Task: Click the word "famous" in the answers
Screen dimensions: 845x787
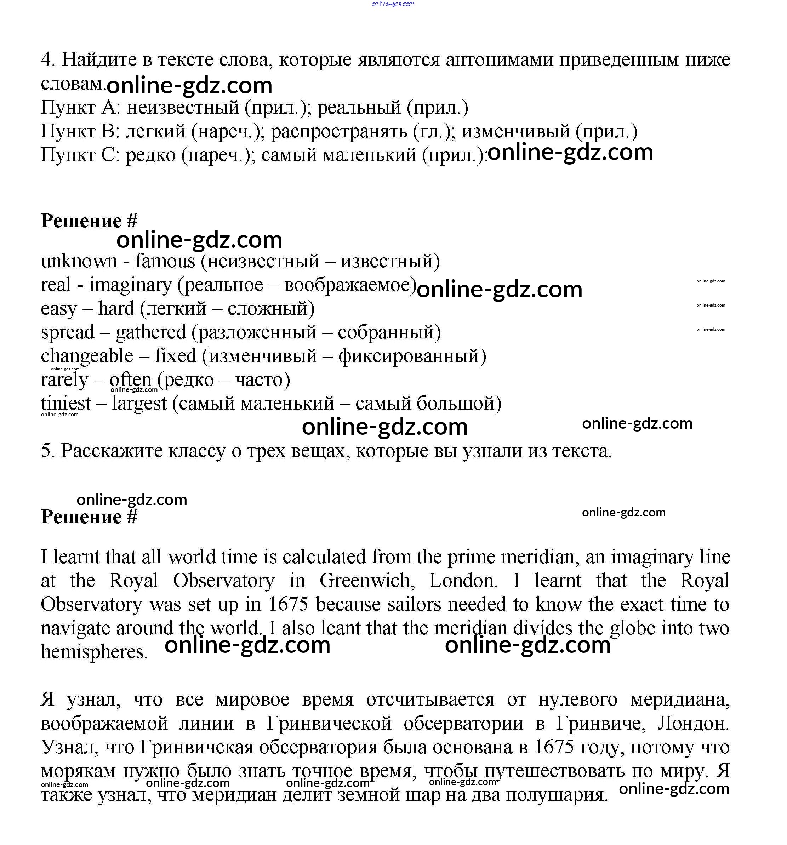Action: [165, 261]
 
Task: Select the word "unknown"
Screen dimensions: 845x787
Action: [79, 261]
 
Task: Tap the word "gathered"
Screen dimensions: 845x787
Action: [150, 332]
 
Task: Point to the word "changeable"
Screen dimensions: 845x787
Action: [87, 356]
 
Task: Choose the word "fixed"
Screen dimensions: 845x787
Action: [175, 356]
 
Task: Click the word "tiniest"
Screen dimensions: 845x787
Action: [66, 403]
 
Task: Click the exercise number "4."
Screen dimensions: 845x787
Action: [48, 60]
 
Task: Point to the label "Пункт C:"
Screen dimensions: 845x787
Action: [80, 155]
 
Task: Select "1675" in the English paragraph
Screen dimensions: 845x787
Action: [288, 604]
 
